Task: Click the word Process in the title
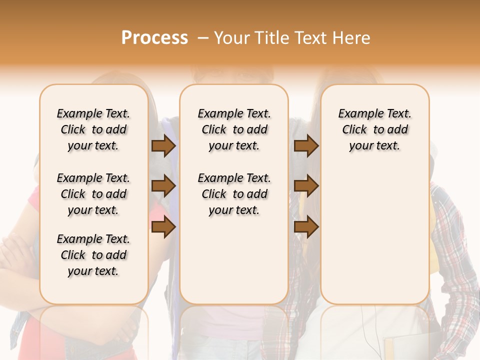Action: pos(154,38)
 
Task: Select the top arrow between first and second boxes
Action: pos(163,146)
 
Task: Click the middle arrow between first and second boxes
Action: pos(163,186)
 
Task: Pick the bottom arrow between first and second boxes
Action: pos(163,227)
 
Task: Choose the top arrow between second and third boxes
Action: pos(306,146)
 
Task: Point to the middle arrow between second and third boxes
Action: pos(306,186)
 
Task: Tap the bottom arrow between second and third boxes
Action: pos(306,227)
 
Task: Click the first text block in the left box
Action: pos(93,129)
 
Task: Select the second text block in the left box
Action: pos(93,194)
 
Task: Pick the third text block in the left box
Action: pos(93,255)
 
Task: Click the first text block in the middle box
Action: pos(234,129)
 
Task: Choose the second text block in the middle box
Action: pos(234,194)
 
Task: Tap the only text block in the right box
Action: pos(375,129)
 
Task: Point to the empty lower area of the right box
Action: pos(375,230)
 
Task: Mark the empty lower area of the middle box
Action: pos(234,260)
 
